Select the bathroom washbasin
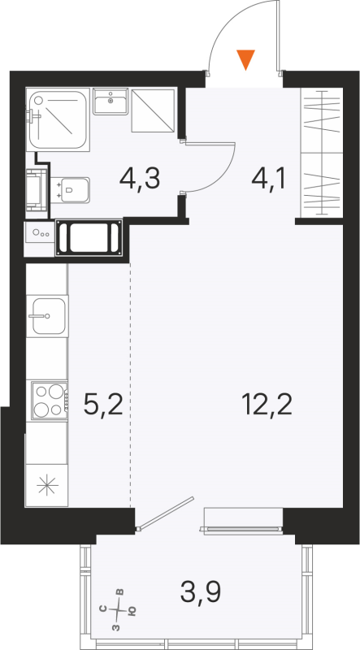[111, 102]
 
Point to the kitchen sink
[46, 314]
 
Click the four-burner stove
[47, 400]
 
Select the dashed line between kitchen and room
[130, 382]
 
